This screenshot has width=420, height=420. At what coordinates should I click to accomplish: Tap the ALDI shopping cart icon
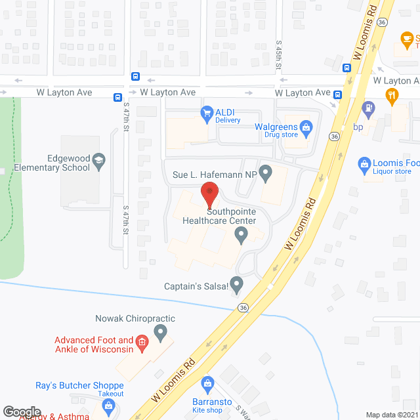click(x=206, y=112)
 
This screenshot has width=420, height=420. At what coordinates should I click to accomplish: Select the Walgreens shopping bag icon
click(x=306, y=126)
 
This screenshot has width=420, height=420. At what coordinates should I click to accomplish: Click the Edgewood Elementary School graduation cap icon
click(x=98, y=159)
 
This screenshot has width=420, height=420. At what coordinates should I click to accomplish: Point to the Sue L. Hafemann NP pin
click(x=265, y=174)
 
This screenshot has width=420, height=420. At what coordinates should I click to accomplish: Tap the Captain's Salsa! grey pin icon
click(x=237, y=284)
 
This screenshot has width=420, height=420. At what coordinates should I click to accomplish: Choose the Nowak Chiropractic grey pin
click(x=159, y=333)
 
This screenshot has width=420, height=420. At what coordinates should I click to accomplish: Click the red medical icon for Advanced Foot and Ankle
click(x=140, y=343)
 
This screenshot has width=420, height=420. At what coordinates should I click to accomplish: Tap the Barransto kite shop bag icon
click(x=207, y=382)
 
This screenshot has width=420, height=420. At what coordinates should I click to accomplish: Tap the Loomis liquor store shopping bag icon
click(x=364, y=163)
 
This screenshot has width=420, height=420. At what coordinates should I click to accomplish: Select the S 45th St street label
click(x=278, y=51)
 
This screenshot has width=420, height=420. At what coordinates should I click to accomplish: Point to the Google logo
click(x=22, y=411)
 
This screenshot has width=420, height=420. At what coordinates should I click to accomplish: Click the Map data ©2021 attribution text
click(x=390, y=414)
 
